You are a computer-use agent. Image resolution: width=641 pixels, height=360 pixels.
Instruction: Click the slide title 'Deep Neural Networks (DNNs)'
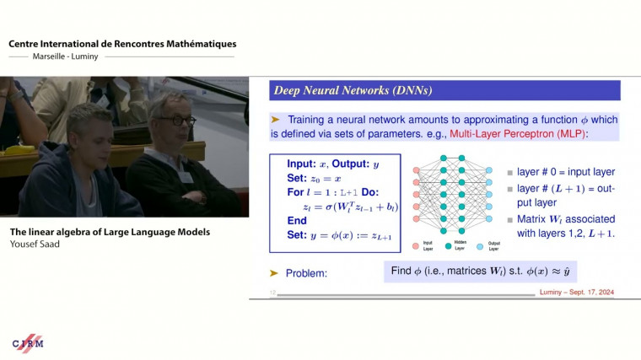342,90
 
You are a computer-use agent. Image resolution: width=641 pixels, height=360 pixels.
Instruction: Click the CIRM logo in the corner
28,342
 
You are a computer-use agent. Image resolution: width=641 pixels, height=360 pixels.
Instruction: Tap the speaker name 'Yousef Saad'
35,244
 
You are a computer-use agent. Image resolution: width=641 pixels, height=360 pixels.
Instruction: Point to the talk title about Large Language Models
110,232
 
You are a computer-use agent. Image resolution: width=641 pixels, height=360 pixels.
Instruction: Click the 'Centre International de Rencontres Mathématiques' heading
122,44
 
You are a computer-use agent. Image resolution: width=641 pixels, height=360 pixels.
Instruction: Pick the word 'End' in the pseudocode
297,220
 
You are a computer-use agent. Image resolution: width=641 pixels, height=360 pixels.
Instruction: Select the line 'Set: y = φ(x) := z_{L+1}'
340,235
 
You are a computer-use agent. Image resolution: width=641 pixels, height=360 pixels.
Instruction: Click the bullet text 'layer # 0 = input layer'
565,172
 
